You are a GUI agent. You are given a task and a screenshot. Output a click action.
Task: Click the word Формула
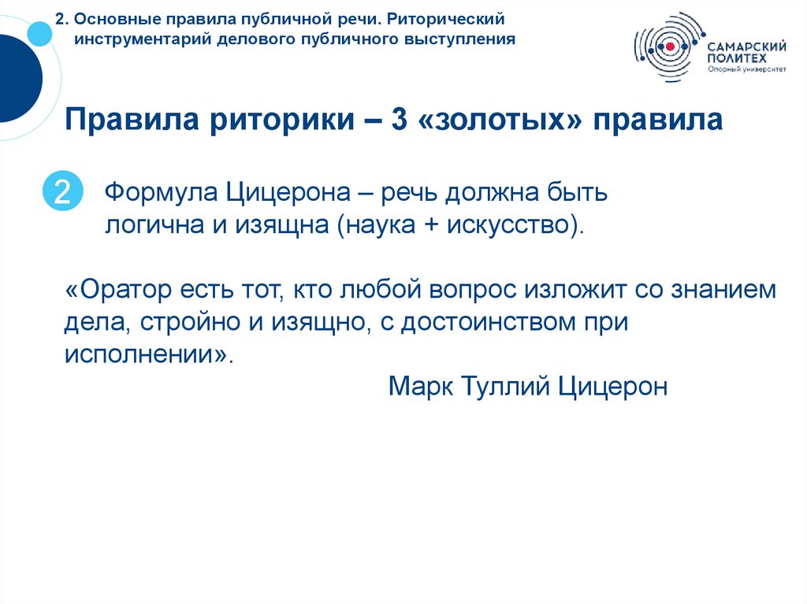(162, 192)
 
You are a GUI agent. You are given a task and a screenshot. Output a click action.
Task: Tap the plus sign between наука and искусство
(432, 226)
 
